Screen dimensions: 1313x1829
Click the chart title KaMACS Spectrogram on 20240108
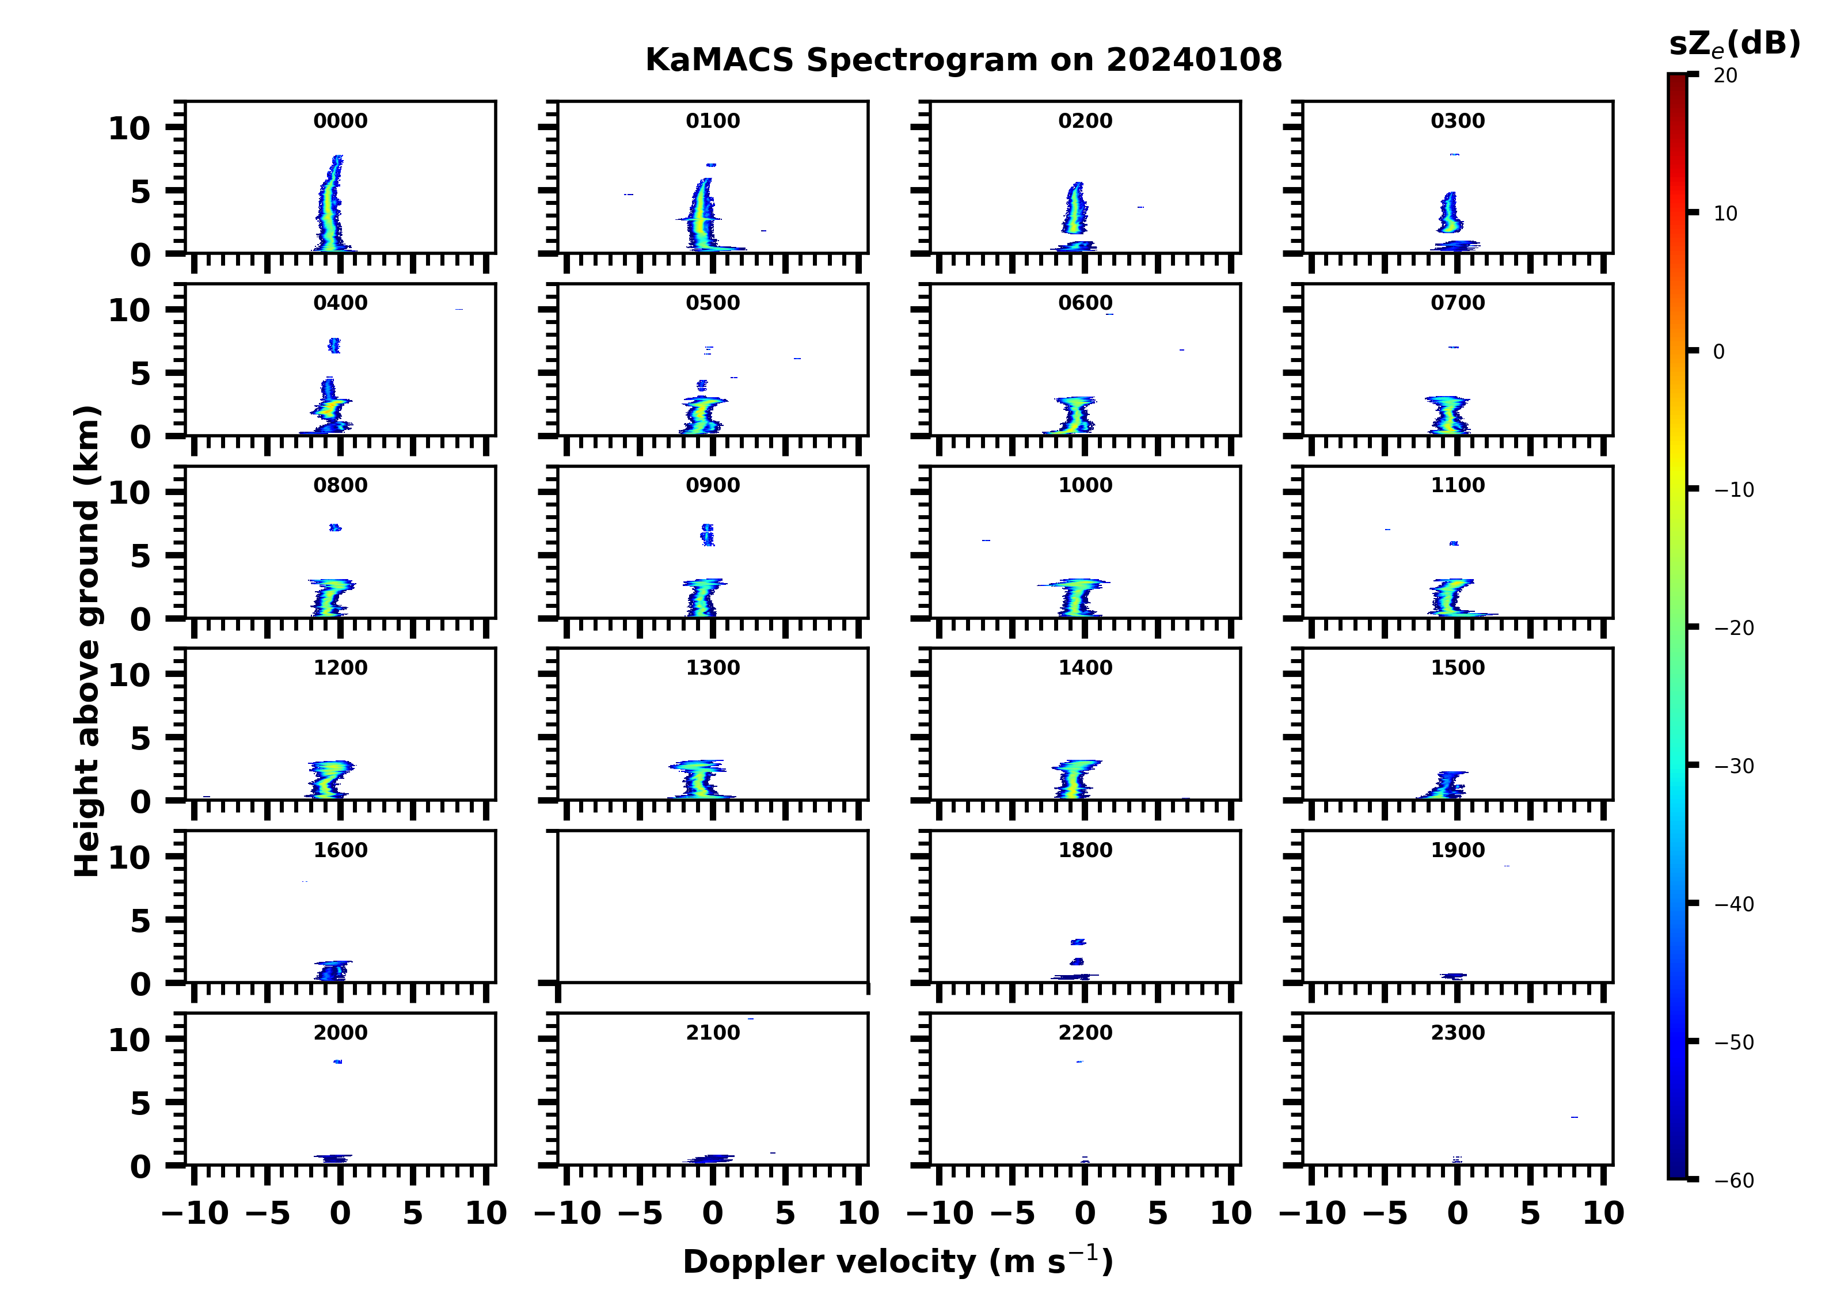[x=963, y=60]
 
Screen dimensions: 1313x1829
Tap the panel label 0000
[x=340, y=121]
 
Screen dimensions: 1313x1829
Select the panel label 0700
[x=1457, y=303]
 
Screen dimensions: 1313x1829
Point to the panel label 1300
[x=713, y=668]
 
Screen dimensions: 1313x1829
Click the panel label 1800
[x=1085, y=850]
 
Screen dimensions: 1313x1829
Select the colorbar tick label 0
[x=1718, y=352]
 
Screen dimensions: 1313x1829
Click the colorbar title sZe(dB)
[x=1734, y=44]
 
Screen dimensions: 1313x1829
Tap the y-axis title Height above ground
[x=87, y=641]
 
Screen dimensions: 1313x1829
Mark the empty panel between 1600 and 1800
[x=713, y=907]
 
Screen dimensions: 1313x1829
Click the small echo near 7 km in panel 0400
[x=334, y=345]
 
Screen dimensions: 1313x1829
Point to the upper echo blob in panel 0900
[x=707, y=535]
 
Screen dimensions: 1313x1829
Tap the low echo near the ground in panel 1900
[x=1453, y=976]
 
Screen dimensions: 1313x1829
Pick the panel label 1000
[x=1085, y=485]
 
